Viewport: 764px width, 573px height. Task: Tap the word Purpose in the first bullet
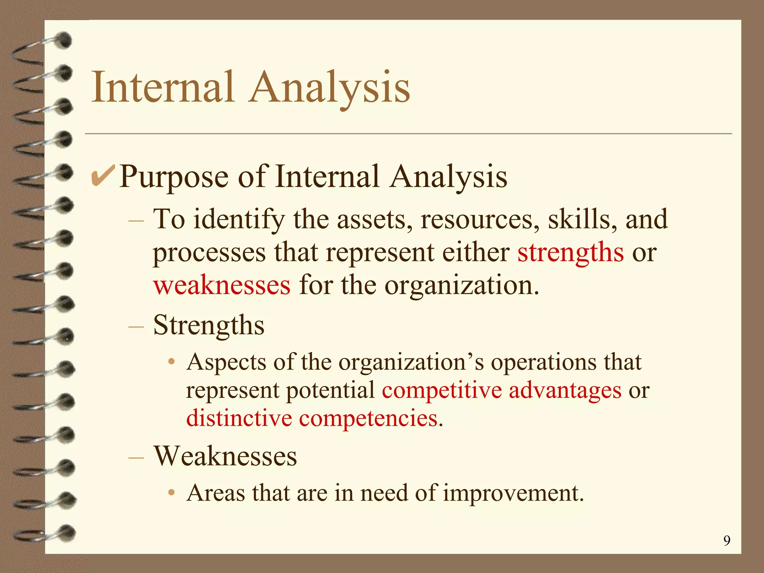coord(174,177)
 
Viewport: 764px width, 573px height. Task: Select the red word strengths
coord(570,253)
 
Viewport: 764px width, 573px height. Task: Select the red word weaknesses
coord(222,285)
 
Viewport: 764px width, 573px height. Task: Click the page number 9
coord(727,541)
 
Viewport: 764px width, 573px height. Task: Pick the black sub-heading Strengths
coord(209,325)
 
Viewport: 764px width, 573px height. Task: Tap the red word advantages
coord(565,391)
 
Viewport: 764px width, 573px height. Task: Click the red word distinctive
coord(239,418)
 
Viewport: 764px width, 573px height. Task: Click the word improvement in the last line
coord(513,493)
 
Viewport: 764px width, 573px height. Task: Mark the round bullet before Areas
coord(171,493)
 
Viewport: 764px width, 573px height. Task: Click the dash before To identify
coord(136,220)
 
